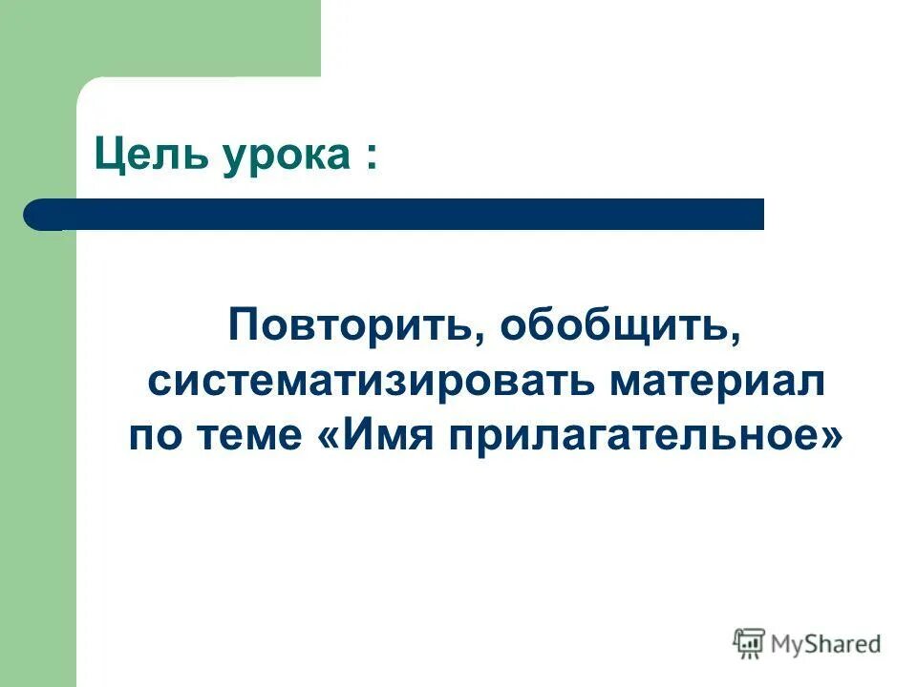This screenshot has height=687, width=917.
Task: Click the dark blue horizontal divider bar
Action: [401, 214]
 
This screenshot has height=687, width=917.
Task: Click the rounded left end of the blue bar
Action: [38, 214]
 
